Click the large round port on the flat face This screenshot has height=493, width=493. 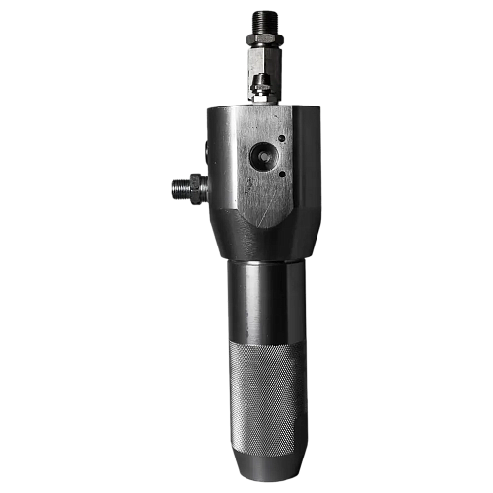click(x=263, y=155)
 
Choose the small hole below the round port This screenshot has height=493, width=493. click(x=282, y=174)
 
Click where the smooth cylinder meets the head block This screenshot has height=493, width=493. click(x=266, y=258)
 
